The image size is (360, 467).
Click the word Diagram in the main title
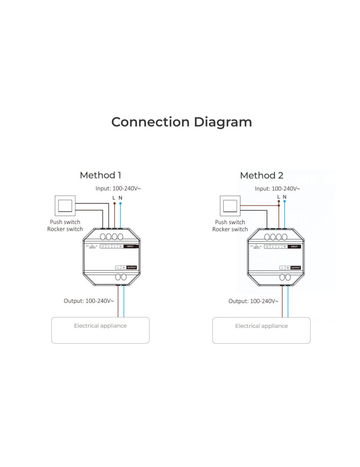[x=223, y=122]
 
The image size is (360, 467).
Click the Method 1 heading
[x=100, y=175]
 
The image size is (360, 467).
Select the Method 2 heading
[x=261, y=176]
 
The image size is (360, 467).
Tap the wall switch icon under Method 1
[x=65, y=205]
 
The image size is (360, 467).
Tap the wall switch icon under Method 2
[x=229, y=206]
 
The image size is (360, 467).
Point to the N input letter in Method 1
[x=120, y=198]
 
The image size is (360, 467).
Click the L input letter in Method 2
[x=279, y=197]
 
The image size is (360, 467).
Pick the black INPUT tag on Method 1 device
[x=131, y=246]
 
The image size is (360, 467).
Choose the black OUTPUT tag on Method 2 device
[x=295, y=268]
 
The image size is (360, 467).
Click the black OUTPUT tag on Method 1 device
[x=131, y=267]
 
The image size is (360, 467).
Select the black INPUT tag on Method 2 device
[x=294, y=246]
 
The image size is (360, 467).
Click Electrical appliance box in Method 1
[x=100, y=330]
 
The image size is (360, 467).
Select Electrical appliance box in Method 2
[x=261, y=330]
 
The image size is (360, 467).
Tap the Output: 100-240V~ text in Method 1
[x=89, y=301]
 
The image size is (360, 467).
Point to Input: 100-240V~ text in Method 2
[x=277, y=189]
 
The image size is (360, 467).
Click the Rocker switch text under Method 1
[x=65, y=229]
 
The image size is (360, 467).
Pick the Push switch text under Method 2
[x=230, y=222]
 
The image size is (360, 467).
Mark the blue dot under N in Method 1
[x=120, y=203]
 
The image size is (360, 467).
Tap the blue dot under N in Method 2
[x=285, y=203]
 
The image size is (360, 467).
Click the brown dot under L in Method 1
[x=114, y=203]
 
